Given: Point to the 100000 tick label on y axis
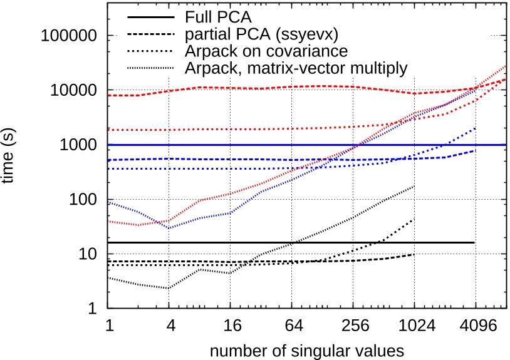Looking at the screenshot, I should pyautogui.click(x=69, y=36).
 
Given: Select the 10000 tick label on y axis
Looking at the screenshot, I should pyautogui.click(x=73, y=90).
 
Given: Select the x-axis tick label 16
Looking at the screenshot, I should pyautogui.click(x=230, y=326).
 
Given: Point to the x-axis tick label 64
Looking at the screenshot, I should pyautogui.click(x=291, y=326).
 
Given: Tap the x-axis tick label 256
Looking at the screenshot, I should pyautogui.click(x=353, y=326).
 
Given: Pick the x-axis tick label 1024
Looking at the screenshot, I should pyautogui.click(x=414, y=326).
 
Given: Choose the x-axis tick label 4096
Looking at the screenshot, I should pyautogui.click(x=476, y=326).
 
